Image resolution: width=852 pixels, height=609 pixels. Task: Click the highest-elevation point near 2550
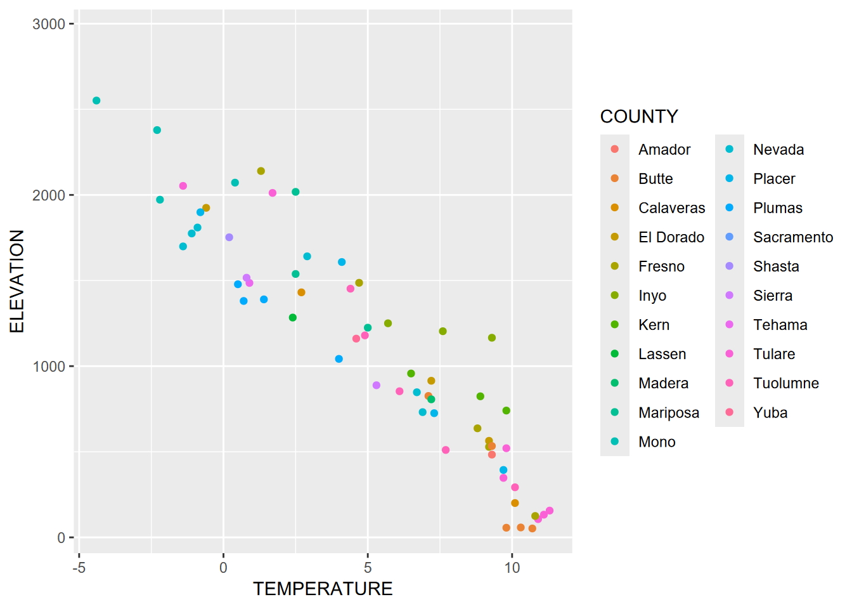point(96,101)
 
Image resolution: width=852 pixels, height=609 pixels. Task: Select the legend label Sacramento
point(793,237)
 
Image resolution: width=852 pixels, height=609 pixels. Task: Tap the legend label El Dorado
point(671,237)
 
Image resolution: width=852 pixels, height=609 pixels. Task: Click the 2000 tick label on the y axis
point(49,195)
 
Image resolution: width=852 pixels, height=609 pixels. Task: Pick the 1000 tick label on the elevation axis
point(49,367)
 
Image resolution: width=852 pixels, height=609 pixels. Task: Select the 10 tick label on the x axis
point(512,568)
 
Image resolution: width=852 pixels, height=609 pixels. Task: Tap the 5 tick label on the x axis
point(368,568)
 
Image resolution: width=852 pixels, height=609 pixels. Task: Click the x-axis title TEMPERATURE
point(323,589)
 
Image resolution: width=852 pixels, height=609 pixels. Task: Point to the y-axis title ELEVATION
point(17,281)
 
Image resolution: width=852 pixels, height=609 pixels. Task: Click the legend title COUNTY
point(639,117)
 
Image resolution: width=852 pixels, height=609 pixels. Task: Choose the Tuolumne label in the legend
point(786,383)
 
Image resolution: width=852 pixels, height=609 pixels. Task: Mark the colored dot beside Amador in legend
point(614,149)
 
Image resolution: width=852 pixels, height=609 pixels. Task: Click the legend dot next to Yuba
point(730,412)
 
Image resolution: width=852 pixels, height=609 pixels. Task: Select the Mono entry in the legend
point(657,442)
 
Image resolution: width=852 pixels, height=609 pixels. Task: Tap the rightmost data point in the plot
point(550,511)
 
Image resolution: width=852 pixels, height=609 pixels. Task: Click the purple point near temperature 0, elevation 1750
point(229,237)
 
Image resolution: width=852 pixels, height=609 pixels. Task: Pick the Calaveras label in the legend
point(671,208)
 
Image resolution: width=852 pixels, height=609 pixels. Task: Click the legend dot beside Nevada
point(730,149)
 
